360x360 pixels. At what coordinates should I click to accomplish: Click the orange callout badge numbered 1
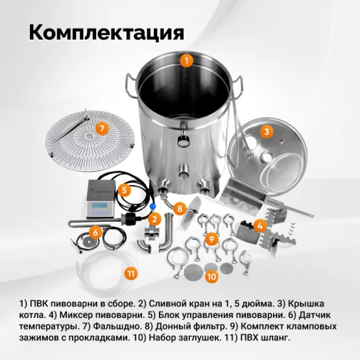click(186, 61)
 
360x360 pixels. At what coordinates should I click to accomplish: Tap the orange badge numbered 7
click(102, 128)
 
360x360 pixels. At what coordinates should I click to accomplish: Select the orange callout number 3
click(267, 132)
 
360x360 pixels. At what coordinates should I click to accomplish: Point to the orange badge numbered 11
click(131, 274)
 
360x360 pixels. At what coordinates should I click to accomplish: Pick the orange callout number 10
click(211, 276)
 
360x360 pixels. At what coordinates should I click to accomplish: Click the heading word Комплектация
click(106, 32)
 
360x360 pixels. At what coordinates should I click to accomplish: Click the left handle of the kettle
click(131, 86)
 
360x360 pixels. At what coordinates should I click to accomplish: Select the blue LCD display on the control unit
click(100, 205)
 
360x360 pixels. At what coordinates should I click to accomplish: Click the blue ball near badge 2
click(152, 206)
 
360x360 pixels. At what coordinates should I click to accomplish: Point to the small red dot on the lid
click(282, 141)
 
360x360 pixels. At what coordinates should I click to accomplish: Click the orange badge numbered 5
click(125, 190)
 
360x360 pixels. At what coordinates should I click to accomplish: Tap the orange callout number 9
click(211, 239)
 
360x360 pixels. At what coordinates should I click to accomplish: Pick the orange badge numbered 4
click(260, 226)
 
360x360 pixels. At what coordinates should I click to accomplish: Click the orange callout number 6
click(95, 232)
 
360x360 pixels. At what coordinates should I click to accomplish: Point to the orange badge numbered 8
click(180, 209)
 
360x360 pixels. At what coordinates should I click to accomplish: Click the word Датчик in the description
click(315, 315)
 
